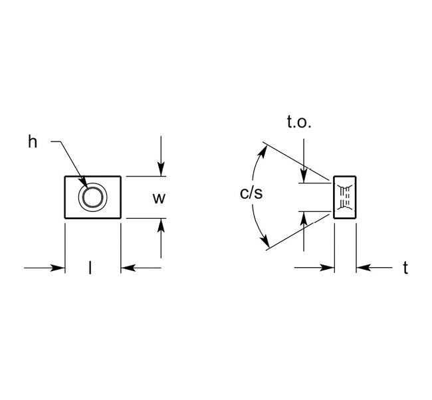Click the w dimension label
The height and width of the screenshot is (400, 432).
click(158, 197)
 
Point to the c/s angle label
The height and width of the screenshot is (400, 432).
click(251, 194)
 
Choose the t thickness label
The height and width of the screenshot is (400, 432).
click(405, 268)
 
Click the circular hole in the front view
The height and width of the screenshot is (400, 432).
click(92, 197)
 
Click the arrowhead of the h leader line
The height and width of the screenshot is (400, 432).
click(84, 184)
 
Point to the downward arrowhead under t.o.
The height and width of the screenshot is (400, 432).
click(304, 177)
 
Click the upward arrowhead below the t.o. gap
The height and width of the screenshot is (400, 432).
click(304, 217)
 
